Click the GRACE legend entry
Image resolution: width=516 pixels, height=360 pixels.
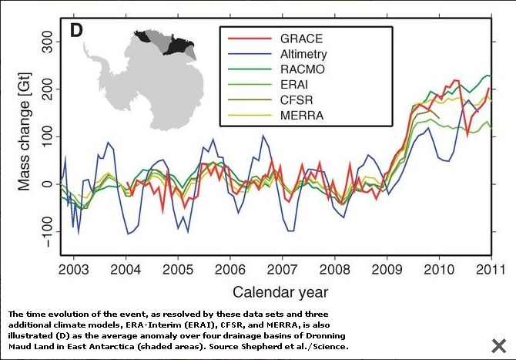point(301,39)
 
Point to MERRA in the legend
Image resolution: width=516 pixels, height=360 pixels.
point(301,116)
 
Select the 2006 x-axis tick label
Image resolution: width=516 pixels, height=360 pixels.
point(230,269)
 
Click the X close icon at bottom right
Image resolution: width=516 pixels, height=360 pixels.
point(498,345)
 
